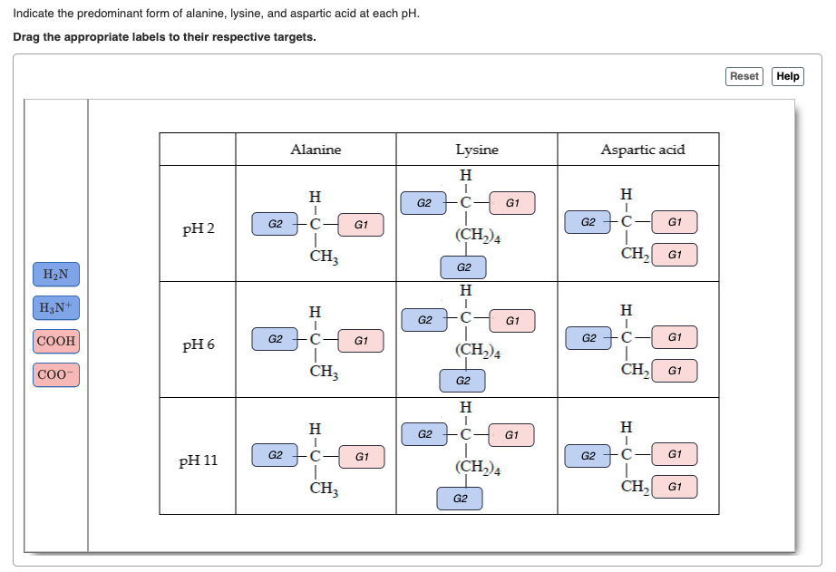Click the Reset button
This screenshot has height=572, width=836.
[744, 76]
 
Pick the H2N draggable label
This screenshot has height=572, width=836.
[55, 274]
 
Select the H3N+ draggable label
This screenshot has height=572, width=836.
[55, 308]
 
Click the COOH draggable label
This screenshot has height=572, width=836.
[56, 342]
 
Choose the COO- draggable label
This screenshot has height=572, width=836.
[56, 374]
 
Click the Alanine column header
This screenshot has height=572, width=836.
[316, 150]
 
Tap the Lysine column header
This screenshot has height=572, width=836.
[476, 150]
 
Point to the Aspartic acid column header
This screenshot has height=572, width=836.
[643, 150]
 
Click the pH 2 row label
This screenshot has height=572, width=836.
[199, 228]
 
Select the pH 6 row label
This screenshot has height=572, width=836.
[199, 345]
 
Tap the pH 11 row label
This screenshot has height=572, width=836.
[199, 461]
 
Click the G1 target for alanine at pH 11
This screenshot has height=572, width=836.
[361, 457]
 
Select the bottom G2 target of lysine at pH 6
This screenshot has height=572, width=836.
[463, 382]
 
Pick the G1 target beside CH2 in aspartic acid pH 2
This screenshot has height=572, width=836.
[675, 256]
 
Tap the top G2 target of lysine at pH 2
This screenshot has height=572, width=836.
[423, 203]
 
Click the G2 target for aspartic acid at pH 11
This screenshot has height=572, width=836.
[588, 454]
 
